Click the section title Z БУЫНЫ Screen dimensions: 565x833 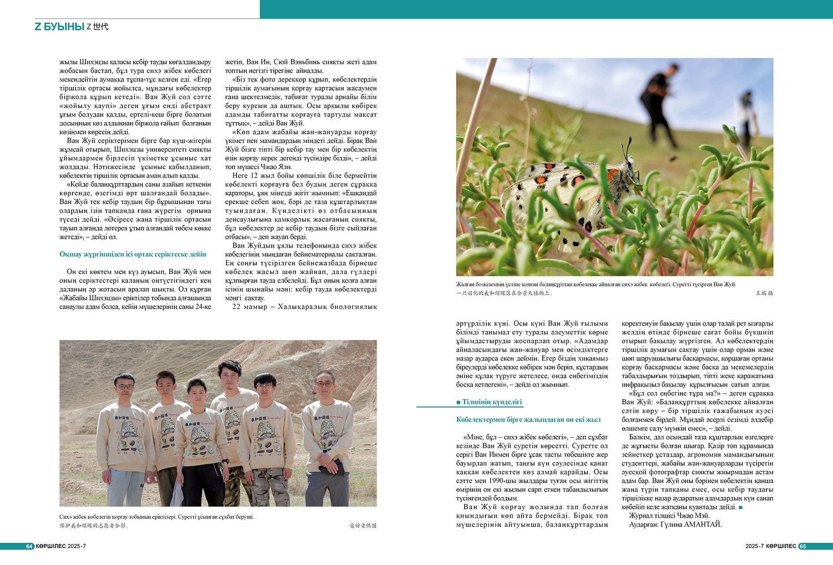(59, 26)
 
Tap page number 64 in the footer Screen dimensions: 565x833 (30, 546)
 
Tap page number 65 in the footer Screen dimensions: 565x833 (803, 546)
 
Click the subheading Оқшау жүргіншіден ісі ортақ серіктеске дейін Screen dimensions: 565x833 (133, 255)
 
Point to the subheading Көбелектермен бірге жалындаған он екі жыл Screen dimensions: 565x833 (528, 420)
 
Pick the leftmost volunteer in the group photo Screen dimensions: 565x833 (125, 434)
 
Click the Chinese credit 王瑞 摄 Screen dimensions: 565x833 (764, 293)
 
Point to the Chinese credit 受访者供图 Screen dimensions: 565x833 (363, 526)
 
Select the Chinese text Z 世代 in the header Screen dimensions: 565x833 (98, 26)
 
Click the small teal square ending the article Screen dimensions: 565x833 (741, 507)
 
